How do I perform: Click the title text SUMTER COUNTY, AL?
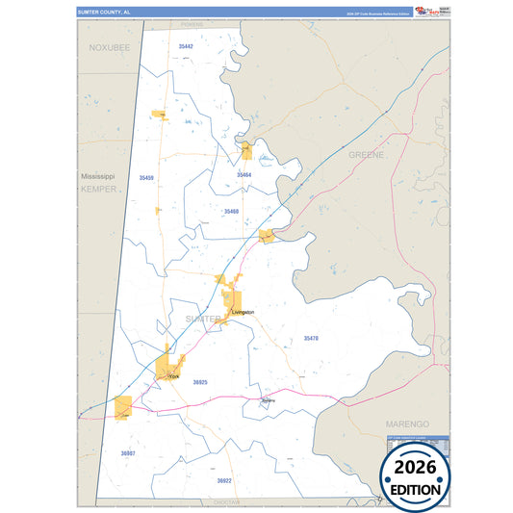99,12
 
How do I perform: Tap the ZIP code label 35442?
186,46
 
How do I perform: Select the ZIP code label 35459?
145,178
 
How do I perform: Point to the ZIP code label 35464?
244,175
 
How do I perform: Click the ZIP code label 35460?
231,211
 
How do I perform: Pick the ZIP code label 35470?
310,338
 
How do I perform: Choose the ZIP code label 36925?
200,382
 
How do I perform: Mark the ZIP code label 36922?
224,479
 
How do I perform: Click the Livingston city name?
243,313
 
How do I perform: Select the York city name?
173,376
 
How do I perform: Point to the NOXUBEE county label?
109,46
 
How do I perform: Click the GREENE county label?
366,154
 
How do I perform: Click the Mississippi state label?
97,177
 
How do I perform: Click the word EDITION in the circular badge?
416,489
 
